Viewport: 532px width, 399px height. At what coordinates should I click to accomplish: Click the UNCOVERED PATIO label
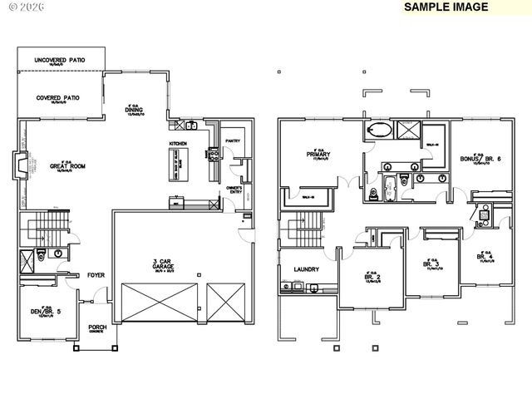pos(60,61)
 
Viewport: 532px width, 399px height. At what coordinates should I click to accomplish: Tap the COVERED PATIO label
pos(58,97)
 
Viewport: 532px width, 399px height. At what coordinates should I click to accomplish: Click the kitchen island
pos(179,165)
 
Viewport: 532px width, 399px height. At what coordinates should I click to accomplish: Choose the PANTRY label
pos(233,140)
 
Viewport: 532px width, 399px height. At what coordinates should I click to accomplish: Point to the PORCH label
pos(97,328)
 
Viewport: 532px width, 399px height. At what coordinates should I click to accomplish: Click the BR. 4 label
pos(485,257)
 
